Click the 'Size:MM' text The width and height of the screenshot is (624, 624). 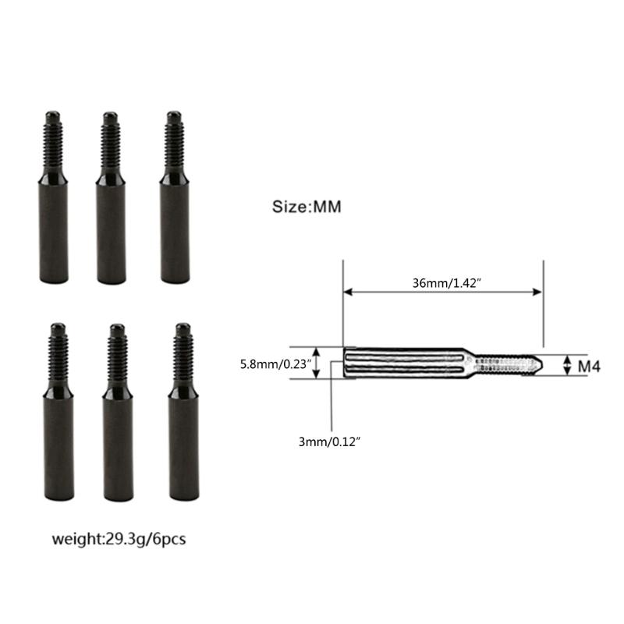pos(307,207)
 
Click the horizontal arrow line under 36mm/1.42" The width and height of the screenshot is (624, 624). pos(443,293)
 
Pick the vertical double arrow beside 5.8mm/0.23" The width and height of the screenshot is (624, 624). pos(317,363)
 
